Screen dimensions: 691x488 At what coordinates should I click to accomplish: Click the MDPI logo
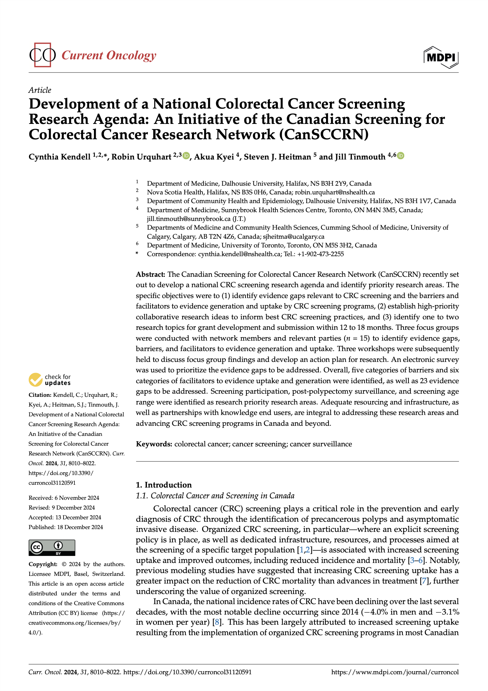click(441, 57)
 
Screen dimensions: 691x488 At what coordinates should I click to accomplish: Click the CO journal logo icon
click(42, 55)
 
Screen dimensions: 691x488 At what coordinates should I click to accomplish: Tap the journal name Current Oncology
click(109, 55)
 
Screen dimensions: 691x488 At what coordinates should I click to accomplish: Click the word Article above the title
click(40, 90)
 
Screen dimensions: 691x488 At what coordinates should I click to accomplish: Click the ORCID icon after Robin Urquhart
click(186, 156)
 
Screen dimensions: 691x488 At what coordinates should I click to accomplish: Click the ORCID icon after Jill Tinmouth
click(401, 156)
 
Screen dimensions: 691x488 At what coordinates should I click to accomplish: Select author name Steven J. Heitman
click(277, 157)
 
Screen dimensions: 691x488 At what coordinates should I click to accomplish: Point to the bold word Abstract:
click(150, 274)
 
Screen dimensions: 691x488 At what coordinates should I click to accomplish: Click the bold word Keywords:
click(154, 444)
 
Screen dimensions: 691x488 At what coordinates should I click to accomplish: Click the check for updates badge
click(50, 380)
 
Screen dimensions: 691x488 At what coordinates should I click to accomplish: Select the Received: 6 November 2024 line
click(64, 498)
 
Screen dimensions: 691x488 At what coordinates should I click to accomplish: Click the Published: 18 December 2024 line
click(66, 527)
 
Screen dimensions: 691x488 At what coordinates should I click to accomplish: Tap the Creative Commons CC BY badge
click(52, 548)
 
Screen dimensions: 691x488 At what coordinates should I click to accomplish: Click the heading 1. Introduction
click(164, 485)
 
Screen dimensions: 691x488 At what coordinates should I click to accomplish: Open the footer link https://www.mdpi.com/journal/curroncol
click(395, 672)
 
